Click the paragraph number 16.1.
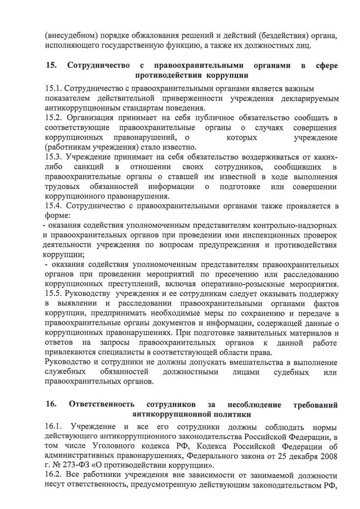tap(54, 427)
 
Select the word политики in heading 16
tap(231, 415)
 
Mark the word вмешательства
tap(254, 364)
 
